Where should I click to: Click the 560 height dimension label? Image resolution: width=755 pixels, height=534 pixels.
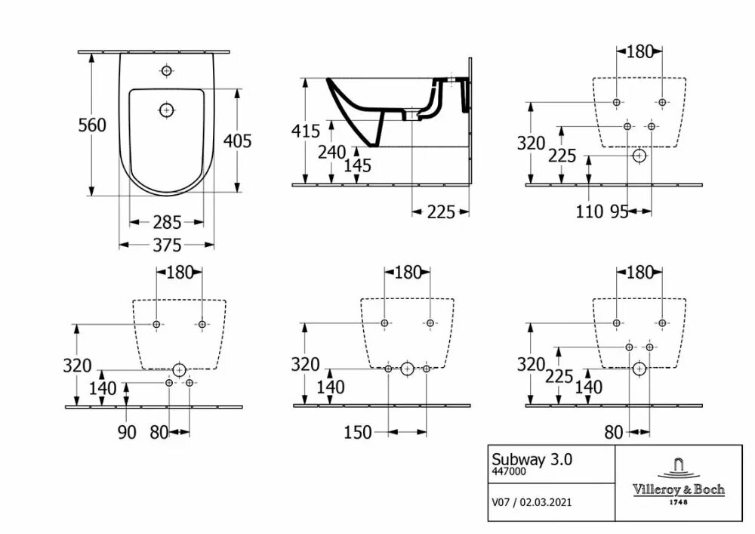point(93,125)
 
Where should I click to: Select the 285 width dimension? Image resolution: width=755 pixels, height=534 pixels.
point(167,222)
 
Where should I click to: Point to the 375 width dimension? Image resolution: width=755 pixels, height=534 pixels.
point(167,245)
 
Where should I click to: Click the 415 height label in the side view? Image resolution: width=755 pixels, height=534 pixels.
point(305,130)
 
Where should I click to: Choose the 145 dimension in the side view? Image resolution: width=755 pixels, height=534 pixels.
point(356,165)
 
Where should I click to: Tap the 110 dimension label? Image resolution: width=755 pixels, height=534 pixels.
point(590,212)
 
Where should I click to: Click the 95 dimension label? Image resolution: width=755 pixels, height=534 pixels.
point(619,212)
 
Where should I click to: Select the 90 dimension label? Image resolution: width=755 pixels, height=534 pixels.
point(126,432)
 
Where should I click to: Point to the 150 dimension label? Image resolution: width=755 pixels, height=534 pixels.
point(358,432)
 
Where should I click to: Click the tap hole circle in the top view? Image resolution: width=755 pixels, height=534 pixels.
point(166,72)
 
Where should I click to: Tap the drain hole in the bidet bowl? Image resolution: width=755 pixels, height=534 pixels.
point(166,110)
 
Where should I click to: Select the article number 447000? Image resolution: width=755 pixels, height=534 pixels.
point(510,471)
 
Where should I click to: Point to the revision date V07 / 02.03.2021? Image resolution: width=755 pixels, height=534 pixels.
point(537,501)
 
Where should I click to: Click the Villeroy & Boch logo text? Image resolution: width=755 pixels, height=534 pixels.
point(677,489)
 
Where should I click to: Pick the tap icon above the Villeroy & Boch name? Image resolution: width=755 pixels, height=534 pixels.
point(677,467)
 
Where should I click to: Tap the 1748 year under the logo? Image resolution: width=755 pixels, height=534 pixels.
point(677,502)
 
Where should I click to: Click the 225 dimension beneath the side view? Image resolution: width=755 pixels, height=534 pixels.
point(440,212)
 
